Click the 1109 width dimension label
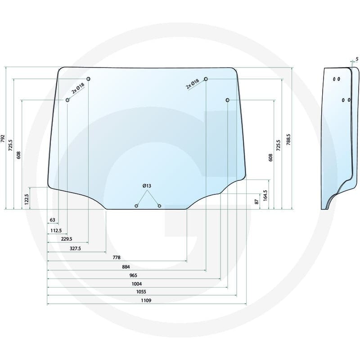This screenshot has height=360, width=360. [146, 300]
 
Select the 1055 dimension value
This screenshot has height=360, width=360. [141, 292]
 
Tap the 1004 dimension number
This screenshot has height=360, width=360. [137, 284]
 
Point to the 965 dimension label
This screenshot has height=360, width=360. [133, 275]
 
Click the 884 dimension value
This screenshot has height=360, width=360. [126, 267]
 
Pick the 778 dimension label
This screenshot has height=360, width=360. [117, 257]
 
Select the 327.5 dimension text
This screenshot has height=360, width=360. [75, 248]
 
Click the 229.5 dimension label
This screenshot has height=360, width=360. [67, 239]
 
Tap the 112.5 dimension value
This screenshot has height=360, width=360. [56, 230]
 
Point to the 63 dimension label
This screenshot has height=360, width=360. [52, 220]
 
